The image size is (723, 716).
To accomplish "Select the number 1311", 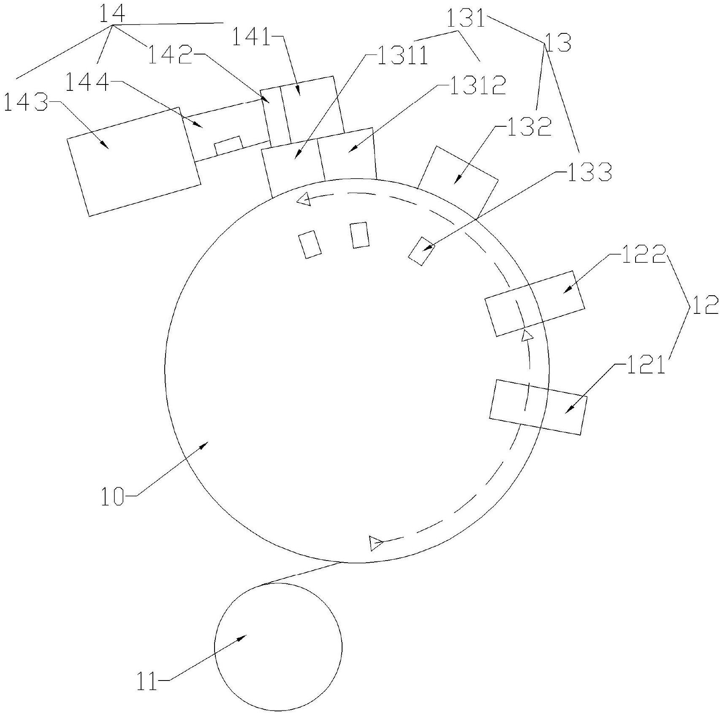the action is pyautogui.click(x=402, y=55).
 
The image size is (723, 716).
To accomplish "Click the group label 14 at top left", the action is pyautogui.click(x=112, y=14).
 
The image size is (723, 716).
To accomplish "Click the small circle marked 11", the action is pyautogui.click(x=278, y=647).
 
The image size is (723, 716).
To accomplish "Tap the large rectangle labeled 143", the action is pyautogui.click(x=134, y=161).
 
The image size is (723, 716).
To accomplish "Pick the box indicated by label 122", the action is pyautogui.click(x=535, y=303).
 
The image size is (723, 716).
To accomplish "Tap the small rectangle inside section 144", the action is pyautogui.click(x=228, y=145).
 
